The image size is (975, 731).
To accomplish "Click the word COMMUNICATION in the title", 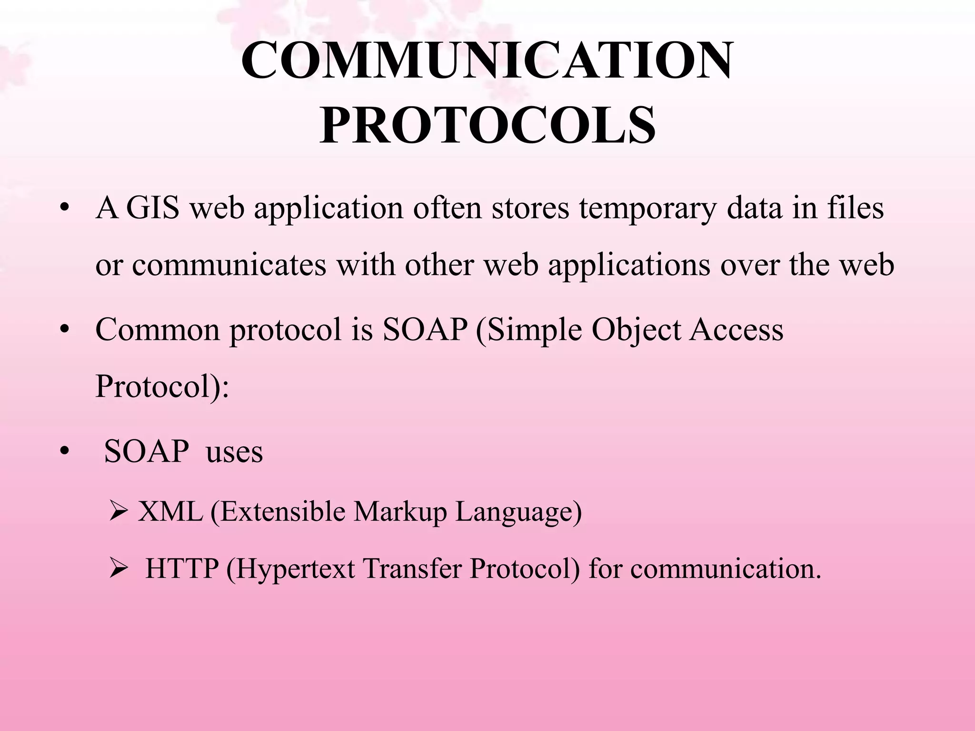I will [x=487, y=61].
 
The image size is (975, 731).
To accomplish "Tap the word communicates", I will [x=229, y=265].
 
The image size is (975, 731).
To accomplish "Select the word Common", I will [x=158, y=329].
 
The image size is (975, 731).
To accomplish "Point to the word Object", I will [x=636, y=330].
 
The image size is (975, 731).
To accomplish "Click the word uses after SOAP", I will [x=234, y=452].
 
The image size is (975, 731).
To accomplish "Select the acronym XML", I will [x=170, y=512].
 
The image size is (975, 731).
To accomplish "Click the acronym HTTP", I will [x=182, y=568].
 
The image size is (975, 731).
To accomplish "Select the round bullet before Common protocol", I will [x=65, y=330].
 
